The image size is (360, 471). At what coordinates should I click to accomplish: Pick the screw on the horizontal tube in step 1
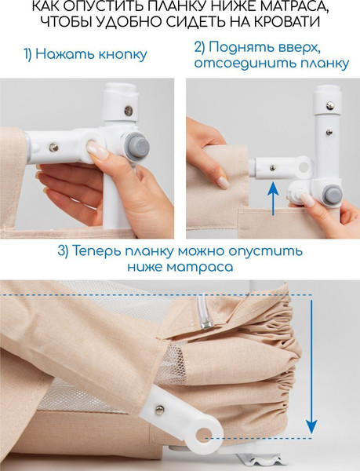53,146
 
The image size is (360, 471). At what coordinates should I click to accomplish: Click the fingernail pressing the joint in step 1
97,147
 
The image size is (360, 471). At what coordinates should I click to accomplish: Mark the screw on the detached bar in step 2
271,166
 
